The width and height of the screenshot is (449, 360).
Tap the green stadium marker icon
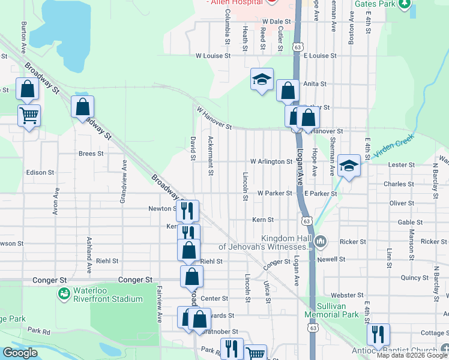pyautogui.click(x=64, y=294)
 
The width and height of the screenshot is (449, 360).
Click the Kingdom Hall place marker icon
pyautogui.click(x=321, y=242)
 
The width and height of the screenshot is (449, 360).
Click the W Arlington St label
pyautogui.click(x=271, y=162)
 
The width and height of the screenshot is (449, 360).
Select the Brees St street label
pyautogui.click(x=91, y=154)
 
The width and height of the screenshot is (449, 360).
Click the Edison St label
pyautogui.click(x=40, y=172)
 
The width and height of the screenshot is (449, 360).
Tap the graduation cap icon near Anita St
pyautogui.click(x=262, y=80)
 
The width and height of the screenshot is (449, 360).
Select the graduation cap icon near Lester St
pyautogui.click(x=349, y=165)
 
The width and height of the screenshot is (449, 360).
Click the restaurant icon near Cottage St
pyautogui.click(x=378, y=334)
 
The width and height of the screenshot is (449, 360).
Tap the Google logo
pyautogui.click(x=20, y=353)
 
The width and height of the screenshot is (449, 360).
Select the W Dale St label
pyautogui.click(x=277, y=21)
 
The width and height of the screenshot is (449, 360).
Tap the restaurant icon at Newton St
pyautogui.click(x=188, y=210)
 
